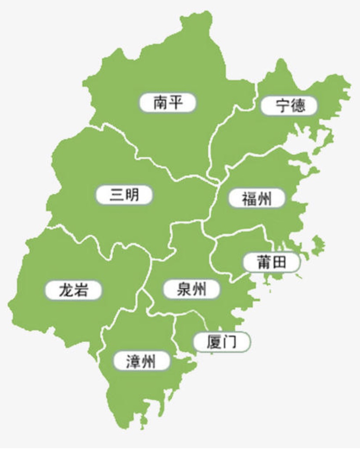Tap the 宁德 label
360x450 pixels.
tap(289, 106)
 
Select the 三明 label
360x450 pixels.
tap(124, 195)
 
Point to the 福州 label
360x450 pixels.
tap(257, 199)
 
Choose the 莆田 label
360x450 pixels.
tap(271, 262)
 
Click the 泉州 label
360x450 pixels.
tap(191, 289)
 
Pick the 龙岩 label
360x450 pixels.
tap(73, 290)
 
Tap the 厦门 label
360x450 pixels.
tap(222, 341)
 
